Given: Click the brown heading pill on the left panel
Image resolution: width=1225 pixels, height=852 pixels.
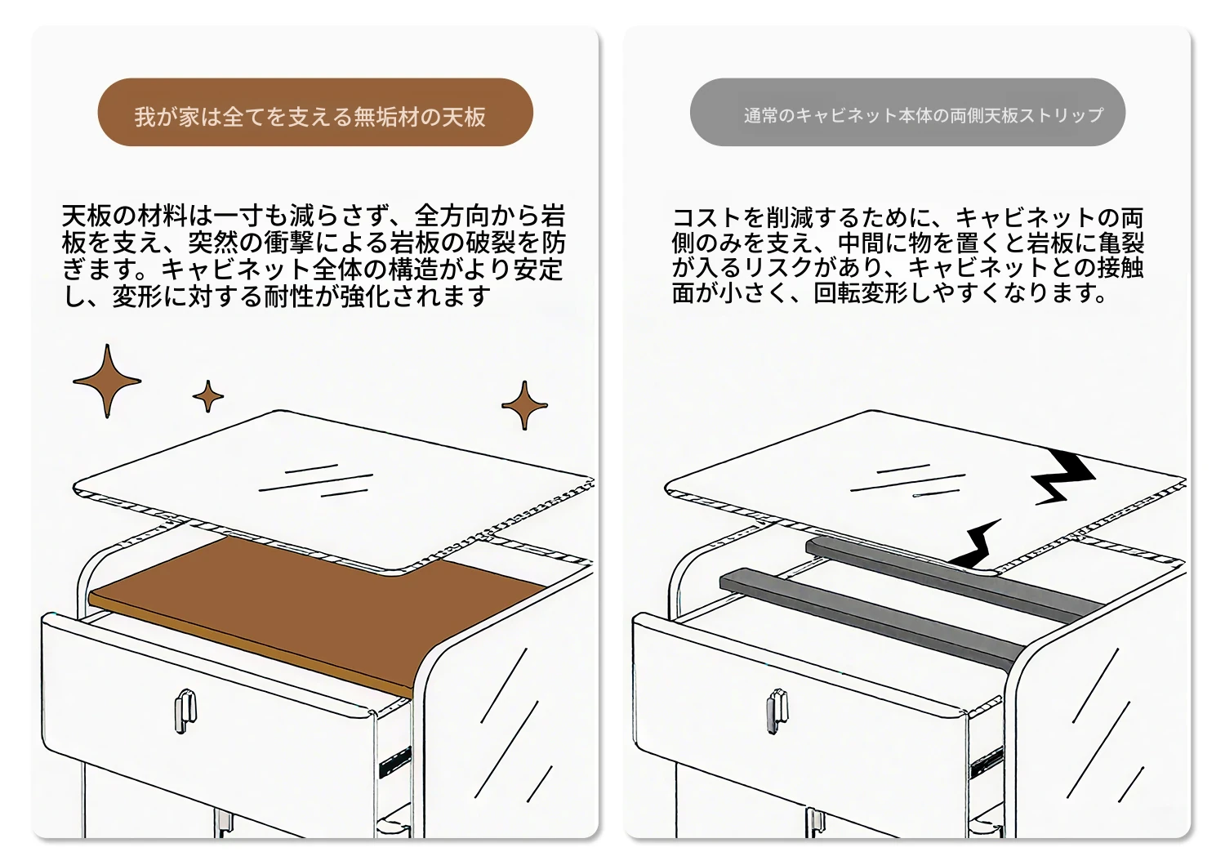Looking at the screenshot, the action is [315, 112].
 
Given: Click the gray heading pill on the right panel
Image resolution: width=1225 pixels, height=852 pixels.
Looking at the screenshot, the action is [907, 112].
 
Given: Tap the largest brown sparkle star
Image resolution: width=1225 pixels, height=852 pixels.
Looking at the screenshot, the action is [107, 381].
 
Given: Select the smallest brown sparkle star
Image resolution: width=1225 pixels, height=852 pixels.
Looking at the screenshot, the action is [207, 396].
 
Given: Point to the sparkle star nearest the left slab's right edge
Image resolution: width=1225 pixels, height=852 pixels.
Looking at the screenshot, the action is [524, 405].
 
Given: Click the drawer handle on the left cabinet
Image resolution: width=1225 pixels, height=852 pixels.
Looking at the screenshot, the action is [185, 711].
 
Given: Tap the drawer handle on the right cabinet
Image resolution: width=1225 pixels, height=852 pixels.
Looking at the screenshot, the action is [777, 711].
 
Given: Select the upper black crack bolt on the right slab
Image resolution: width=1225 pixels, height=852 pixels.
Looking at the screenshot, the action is [1061, 475].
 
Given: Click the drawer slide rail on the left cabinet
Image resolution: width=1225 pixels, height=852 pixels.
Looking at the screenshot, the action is [394, 761].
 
